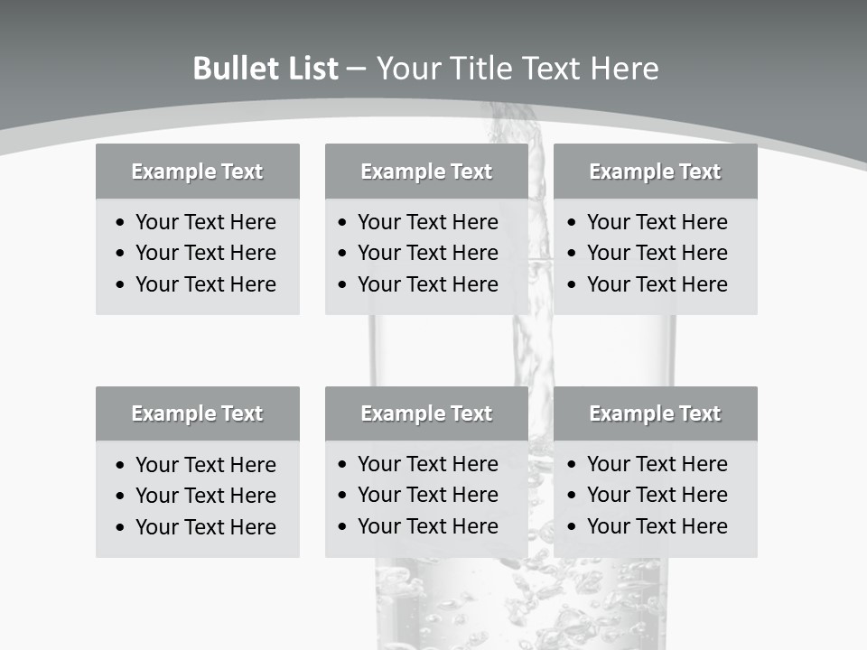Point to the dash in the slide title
[356, 70]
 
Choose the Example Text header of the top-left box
[197, 172]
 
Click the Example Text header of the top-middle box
[426, 172]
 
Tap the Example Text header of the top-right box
[655, 172]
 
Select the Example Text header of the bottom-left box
[197, 413]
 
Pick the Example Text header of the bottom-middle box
[426, 413]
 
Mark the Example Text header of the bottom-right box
[655, 413]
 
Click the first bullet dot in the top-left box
[121, 223]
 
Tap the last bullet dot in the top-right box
[573, 285]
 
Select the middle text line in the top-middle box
[428, 253]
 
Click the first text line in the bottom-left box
[206, 465]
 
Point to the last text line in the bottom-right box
[657, 526]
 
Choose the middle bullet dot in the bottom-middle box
[343, 496]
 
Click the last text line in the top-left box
[206, 284]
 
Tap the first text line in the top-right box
[657, 222]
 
